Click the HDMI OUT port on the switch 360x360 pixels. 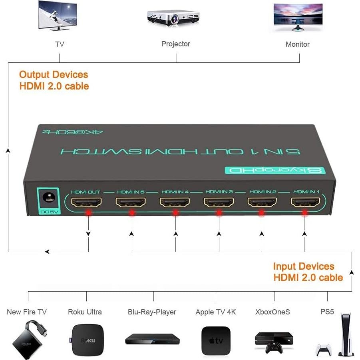point(86,202)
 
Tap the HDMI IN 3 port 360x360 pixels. point(219,202)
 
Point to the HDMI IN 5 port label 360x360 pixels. point(131,192)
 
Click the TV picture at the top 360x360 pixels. point(58,16)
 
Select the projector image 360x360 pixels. point(173,18)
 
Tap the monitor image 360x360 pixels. point(298,17)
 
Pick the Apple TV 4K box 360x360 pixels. point(216,340)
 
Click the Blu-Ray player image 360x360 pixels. point(152,339)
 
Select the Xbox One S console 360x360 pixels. point(274,341)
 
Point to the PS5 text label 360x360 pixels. point(327,312)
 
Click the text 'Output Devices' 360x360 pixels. point(54,75)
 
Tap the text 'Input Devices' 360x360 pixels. point(303,267)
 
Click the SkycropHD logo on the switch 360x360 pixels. point(275,170)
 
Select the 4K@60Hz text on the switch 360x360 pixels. point(73,132)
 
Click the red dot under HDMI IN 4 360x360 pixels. point(175,213)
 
